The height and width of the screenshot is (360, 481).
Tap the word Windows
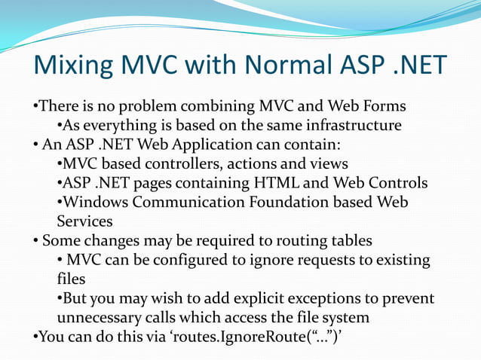(x=95, y=203)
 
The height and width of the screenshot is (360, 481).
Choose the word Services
(x=85, y=222)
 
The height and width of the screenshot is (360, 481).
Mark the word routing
(x=299, y=242)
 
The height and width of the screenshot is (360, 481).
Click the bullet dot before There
(x=35, y=106)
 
